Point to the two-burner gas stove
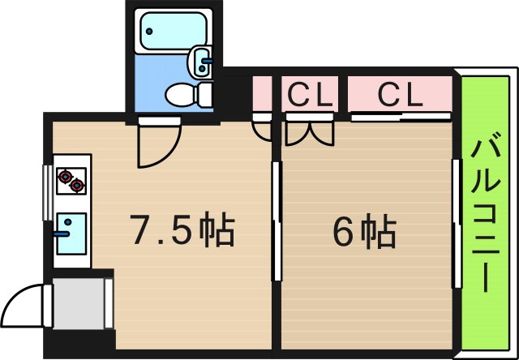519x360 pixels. [x=71, y=180]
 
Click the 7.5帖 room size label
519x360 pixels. [x=182, y=231]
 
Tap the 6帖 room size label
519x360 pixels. [x=364, y=233]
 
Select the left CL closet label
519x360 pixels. [x=312, y=96]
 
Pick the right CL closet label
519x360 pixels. [x=401, y=96]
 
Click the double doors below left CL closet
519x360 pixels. [x=309, y=131]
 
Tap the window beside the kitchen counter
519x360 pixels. [x=46, y=191]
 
